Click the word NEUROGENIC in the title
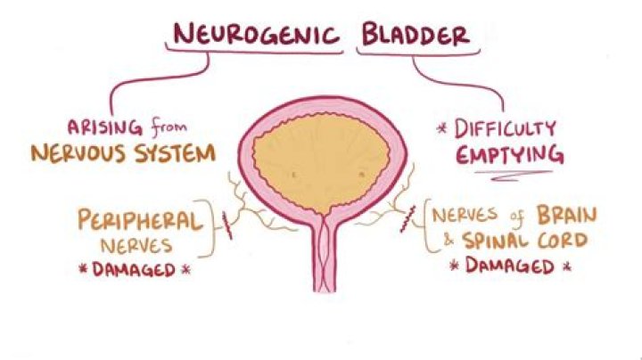(256, 34)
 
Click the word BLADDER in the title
(416, 35)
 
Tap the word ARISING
(105, 127)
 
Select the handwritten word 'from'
(169, 127)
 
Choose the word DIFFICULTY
(505, 129)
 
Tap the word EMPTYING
(510, 155)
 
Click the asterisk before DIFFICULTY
(441, 129)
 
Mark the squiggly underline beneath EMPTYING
(514, 176)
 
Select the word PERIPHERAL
(140, 220)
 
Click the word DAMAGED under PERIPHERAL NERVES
(134, 270)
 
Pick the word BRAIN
(567, 215)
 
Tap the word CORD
(563, 241)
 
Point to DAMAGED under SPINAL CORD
(510, 266)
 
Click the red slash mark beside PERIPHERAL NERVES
(227, 225)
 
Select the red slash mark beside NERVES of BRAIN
(407, 219)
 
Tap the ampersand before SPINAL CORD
(449, 240)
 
